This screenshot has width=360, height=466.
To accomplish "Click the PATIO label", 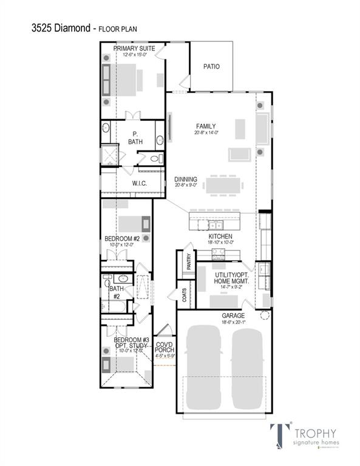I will pyautogui.click(x=211, y=67).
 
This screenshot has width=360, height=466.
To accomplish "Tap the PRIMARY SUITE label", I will pyautogui.click(x=134, y=49).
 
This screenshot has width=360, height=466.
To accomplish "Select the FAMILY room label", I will pyautogui.click(x=206, y=126).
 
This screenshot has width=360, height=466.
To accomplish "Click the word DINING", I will pyautogui.click(x=185, y=180).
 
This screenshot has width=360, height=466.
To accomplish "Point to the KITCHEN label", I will pyautogui.click(x=221, y=236).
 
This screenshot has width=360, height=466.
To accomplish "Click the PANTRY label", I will pyautogui.click(x=189, y=262).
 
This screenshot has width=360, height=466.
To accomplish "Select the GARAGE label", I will pyautogui.click(x=233, y=316).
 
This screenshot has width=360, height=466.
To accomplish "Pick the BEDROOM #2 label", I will pyautogui.click(x=123, y=238).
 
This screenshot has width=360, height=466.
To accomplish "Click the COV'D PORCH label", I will pyautogui.click(x=165, y=348).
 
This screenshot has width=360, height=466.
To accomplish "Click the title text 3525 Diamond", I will pyautogui.click(x=61, y=28).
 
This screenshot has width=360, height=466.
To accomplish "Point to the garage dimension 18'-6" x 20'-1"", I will pyautogui.click(x=233, y=323).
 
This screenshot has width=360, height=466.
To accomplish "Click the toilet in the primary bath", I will pyautogui.click(x=155, y=159).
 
